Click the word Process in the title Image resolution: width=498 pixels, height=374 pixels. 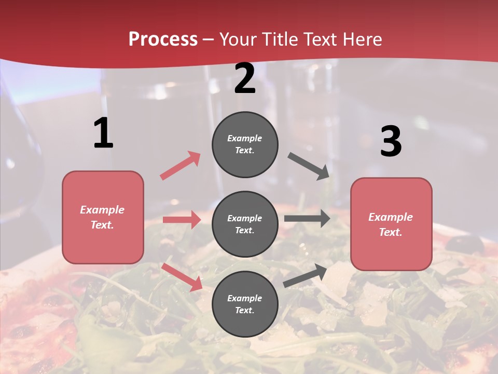click(163, 39)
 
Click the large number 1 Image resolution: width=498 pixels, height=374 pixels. click(103, 133)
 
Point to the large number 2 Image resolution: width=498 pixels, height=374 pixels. click(245, 78)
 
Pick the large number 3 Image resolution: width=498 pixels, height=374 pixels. click(391, 142)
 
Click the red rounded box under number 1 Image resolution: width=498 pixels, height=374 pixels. click(103, 217)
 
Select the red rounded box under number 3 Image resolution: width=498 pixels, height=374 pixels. click(391, 224)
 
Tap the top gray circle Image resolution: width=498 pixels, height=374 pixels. click(245, 144)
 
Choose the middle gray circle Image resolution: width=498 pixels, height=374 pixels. click(245, 224)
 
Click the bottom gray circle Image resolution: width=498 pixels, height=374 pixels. click(245, 304)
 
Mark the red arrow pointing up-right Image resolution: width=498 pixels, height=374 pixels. click(181, 165)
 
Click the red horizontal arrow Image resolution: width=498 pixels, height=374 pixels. click(182, 220)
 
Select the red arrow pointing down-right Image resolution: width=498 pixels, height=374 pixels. click(182, 276)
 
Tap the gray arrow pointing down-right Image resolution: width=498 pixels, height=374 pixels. click(309, 166)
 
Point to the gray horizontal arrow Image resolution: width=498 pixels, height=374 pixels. click(307, 218)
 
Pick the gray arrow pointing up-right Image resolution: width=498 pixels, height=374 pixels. click(305, 275)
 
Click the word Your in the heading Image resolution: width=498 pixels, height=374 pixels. click(238, 39)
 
